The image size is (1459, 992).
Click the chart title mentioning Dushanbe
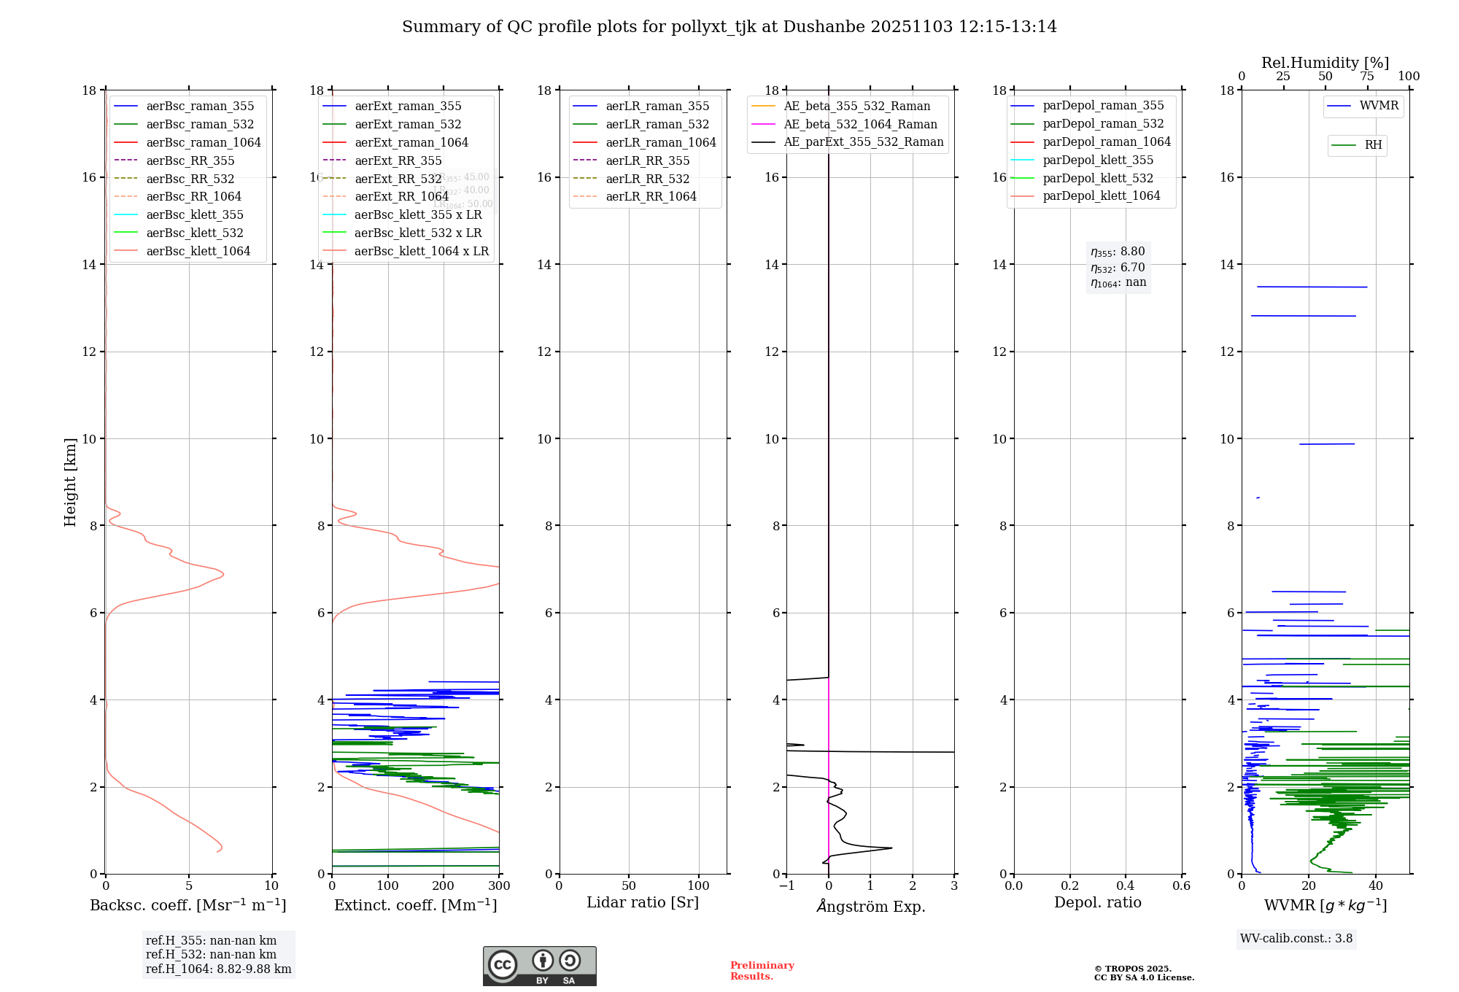point(729,27)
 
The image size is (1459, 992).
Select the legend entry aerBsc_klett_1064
point(198,251)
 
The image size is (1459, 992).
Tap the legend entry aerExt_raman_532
point(408,124)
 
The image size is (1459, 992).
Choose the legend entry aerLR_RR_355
point(647,160)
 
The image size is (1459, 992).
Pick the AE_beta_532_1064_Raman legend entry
point(860,124)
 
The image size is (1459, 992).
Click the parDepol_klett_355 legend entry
point(1098,160)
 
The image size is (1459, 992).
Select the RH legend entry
point(1373,145)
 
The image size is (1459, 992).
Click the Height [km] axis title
point(70,482)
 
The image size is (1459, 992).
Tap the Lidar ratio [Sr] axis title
point(643,902)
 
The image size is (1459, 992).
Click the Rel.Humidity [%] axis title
point(1325,63)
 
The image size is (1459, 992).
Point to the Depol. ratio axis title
point(1097,902)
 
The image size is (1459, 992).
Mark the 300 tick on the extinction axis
point(500,886)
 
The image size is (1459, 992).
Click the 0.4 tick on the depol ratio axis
point(1126,886)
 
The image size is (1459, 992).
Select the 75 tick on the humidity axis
point(1367,77)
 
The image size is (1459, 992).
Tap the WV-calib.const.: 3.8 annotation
point(1296,939)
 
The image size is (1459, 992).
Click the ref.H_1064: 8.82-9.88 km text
point(218,969)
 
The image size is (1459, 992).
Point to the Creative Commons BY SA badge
point(539,966)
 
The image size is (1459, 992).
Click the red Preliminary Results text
point(762,971)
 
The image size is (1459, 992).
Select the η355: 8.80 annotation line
point(1118,252)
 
